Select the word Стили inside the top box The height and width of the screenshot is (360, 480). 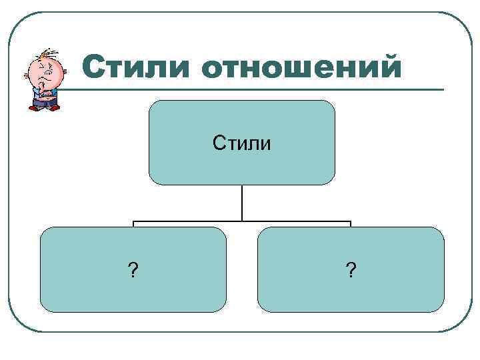(241, 142)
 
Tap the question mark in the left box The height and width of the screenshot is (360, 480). (133, 270)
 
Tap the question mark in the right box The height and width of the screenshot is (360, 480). (351, 270)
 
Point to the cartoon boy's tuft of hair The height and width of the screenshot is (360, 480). (45, 53)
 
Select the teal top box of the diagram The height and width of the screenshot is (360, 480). (241, 120)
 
